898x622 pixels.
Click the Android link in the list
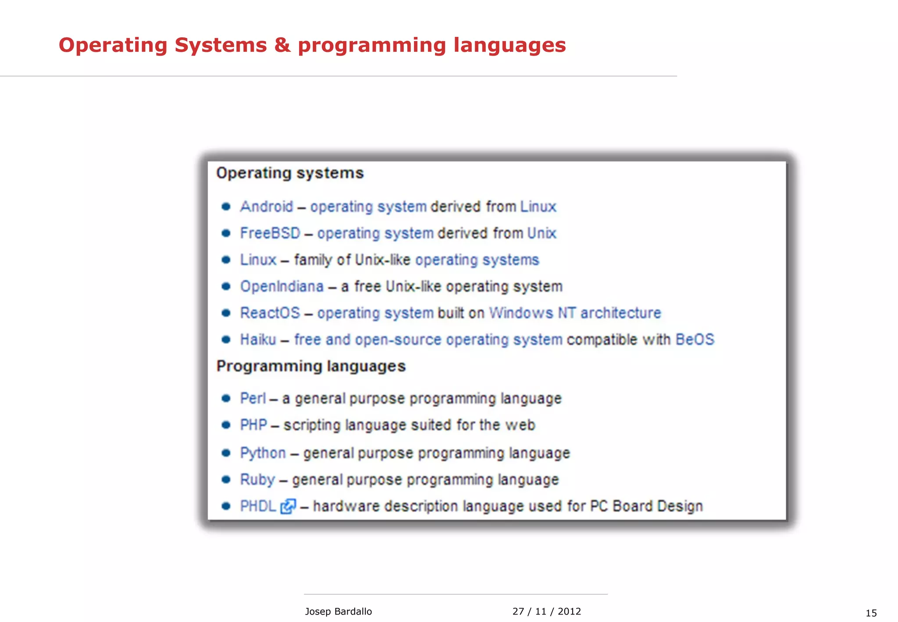pyautogui.click(x=266, y=207)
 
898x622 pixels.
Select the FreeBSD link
pyautogui.click(x=270, y=233)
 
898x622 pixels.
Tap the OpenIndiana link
pyautogui.click(x=282, y=286)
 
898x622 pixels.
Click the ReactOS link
pyautogui.click(x=270, y=313)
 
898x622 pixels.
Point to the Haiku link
pyautogui.click(x=258, y=340)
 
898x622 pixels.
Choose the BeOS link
pyautogui.click(x=695, y=340)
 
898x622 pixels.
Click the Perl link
pyautogui.click(x=253, y=398)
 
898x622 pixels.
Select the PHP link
pyautogui.click(x=253, y=425)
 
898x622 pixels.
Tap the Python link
pyautogui.click(x=263, y=453)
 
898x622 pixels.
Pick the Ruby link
pyautogui.click(x=257, y=479)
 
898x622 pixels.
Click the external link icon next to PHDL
pyautogui.click(x=288, y=506)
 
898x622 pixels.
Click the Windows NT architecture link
pyautogui.click(x=574, y=313)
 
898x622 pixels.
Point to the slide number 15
pyautogui.click(x=871, y=613)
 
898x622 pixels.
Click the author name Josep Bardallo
pyautogui.click(x=338, y=611)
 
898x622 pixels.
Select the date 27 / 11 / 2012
pyautogui.click(x=546, y=611)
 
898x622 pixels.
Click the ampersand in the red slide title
pyautogui.click(x=282, y=45)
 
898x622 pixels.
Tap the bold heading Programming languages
pyautogui.click(x=311, y=366)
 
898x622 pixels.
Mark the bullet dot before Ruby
pyautogui.click(x=226, y=479)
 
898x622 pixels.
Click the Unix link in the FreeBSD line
pyautogui.click(x=542, y=233)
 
